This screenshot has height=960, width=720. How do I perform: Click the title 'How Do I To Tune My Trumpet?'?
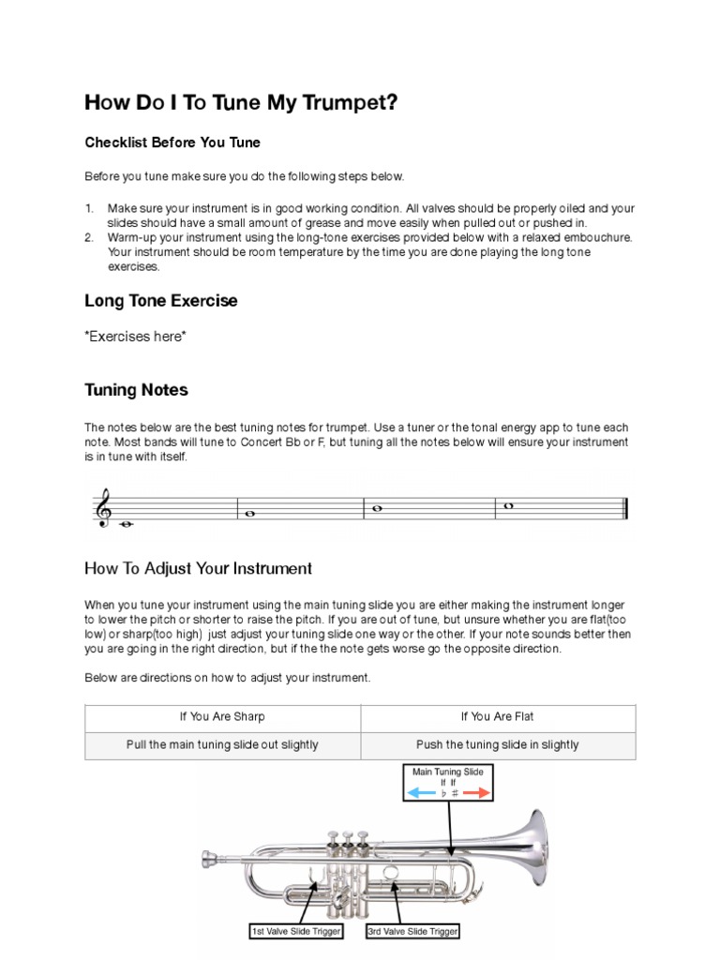[241, 102]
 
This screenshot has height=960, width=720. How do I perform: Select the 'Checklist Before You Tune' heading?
[172, 142]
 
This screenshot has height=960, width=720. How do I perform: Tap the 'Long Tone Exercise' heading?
[160, 301]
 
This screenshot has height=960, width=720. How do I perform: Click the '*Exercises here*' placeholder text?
[135, 337]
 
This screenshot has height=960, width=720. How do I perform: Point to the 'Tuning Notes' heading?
[136, 390]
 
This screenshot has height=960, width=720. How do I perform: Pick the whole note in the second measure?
[249, 514]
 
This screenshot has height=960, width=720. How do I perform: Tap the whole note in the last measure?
[509, 506]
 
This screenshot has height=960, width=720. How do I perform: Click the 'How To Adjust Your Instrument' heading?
[198, 568]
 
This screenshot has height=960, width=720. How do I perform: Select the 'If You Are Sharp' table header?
[222, 717]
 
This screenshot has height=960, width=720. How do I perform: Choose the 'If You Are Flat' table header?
[497, 717]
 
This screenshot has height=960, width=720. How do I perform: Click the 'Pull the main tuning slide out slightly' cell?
[222, 745]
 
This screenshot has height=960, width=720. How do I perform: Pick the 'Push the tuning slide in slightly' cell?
[497, 745]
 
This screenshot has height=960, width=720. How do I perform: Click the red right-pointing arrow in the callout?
[476, 794]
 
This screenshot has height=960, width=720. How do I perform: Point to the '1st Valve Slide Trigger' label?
[295, 931]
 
